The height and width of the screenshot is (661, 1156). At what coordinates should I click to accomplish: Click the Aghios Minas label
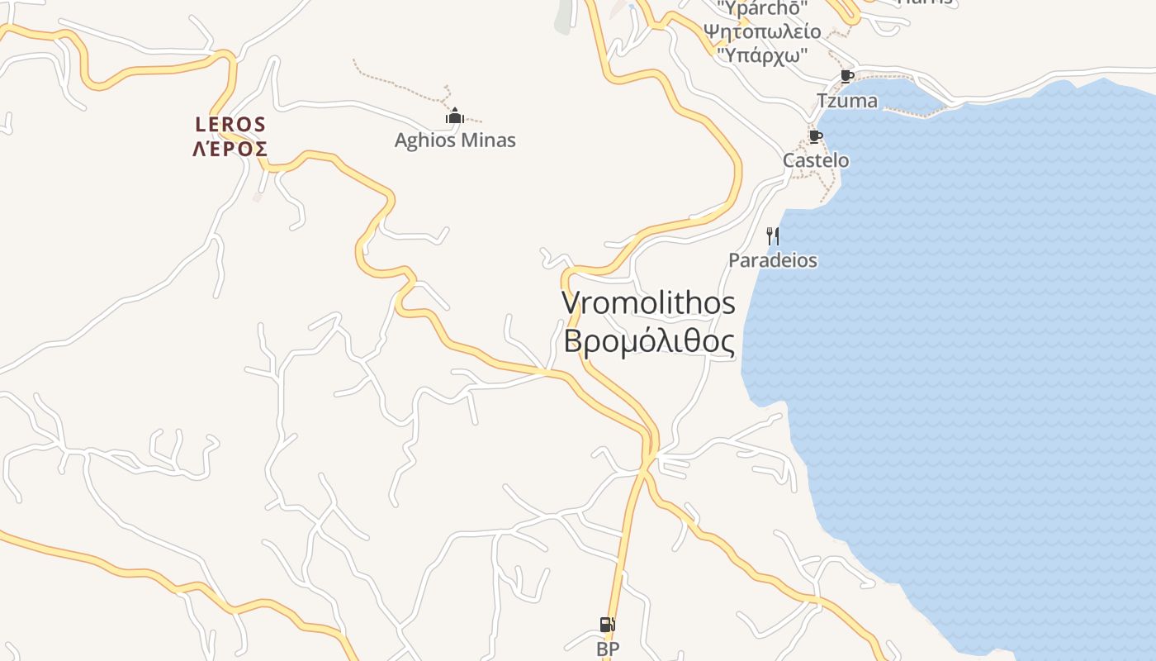pyautogui.click(x=455, y=140)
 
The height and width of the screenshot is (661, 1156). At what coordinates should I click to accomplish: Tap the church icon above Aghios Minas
pyautogui.click(x=454, y=117)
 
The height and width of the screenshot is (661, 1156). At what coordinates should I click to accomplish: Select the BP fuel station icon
pyautogui.click(x=607, y=625)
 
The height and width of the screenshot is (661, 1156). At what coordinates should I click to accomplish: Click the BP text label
pyautogui.click(x=608, y=649)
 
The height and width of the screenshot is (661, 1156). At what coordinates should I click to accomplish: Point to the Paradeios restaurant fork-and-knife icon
pyautogui.click(x=773, y=236)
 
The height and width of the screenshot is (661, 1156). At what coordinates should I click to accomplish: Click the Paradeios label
pyautogui.click(x=773, y=260)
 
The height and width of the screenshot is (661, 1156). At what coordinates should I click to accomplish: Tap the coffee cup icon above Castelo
pyautogui.click(x=816, y=136)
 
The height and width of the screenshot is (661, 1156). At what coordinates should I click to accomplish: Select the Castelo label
pyautogui.click(x=816, y=160)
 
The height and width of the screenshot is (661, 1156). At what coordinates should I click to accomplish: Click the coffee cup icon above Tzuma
pyautogui.click(x=846, y=77)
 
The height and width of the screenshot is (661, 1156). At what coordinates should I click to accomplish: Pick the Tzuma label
pyautogui.click(x=846, y=101)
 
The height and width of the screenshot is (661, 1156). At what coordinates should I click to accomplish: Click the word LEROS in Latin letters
pyautogui.click(x=230, y=125)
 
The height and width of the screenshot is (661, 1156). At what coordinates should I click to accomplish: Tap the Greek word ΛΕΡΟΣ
pyautogui.click(x=230, y=150)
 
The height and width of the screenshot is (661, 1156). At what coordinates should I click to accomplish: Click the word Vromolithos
pyautogui.click(x=648, y=302)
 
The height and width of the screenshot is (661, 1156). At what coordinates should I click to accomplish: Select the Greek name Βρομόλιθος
pyautogui.click(x=648, y=340)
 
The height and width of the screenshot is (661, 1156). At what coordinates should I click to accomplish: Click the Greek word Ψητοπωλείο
pyautogui.click(x=762, y=32)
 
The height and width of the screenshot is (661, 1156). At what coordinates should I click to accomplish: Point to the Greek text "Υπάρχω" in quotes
pyautogui.click(x=762, y=55)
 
